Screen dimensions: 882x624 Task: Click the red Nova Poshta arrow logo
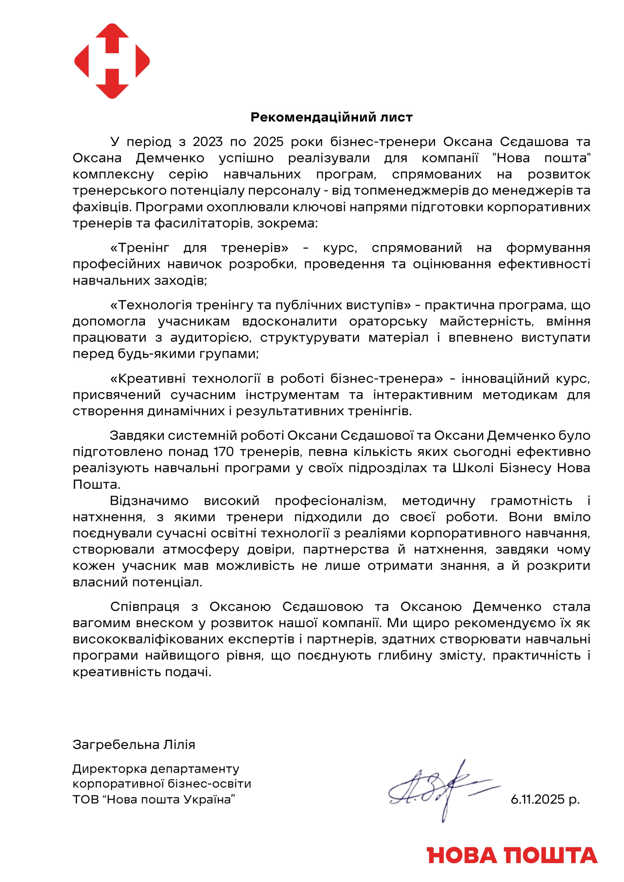(x=112, y=61)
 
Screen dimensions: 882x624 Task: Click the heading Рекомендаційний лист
(x=331, y=117)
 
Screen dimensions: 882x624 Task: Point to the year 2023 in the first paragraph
(x=207, y=142)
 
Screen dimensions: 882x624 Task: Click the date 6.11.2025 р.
(x=545, y=799)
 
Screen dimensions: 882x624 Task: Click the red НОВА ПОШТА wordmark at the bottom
(x=512, y=856)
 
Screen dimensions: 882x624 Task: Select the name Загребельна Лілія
(x=134, y=744)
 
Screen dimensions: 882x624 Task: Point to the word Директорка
(x=110, y=768)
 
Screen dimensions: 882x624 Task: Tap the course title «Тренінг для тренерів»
(x=199, y=248)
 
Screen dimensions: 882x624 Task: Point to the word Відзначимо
(x=149, y=500)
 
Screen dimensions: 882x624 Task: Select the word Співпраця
(x=144, y=607)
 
